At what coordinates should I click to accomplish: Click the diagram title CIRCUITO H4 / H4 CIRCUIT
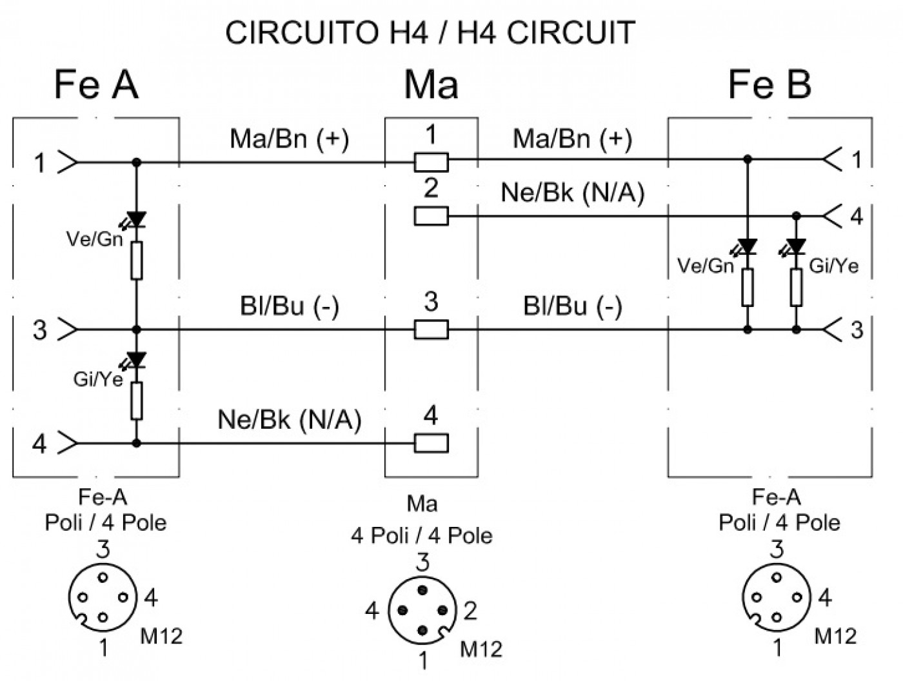click(x=430, y=32)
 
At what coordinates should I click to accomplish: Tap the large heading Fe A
click(x=96, y=85)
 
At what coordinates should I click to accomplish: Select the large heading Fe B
click(x=769, y=85)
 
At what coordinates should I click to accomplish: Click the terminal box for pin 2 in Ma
click(x=431, y=216)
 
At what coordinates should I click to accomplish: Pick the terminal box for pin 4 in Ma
click(x=431, y=443)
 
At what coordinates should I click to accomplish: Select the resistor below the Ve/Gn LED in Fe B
click(x=748, y=288)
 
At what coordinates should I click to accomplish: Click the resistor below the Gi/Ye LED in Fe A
click(x=137, y=401)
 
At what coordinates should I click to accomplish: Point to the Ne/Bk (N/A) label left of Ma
click(x=289, y=420)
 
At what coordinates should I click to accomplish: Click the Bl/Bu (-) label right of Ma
click(x=573, y=306)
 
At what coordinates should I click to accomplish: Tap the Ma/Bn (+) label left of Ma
click(x=289, y=139)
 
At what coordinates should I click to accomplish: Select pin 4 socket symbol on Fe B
click(x=832, y=216)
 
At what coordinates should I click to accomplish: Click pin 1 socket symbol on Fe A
click(x=68, y=163)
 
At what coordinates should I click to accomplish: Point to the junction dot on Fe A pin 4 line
click(x=137, y=443)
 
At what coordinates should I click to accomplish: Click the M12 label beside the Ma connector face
click(x=481, y=649)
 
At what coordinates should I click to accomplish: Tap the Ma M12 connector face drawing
click(x=422, y=610)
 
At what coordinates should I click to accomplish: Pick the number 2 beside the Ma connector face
click(x=470, y=610)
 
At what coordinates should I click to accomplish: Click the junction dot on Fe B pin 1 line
click(x=748, y=159)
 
